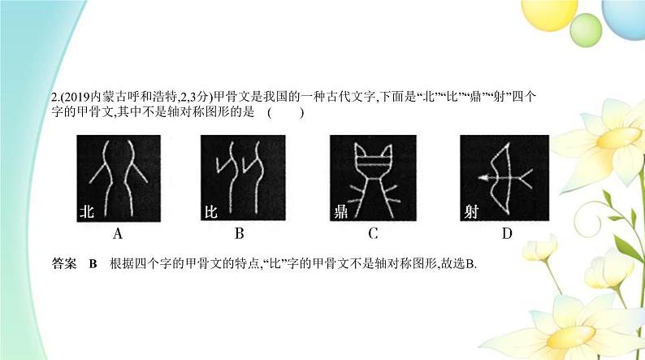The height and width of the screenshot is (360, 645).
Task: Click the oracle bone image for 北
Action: click(119, 179)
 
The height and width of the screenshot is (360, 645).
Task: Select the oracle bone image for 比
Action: click(240, 179)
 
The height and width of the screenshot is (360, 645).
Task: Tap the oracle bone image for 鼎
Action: click(373, 179)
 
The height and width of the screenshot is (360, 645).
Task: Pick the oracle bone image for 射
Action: click(504, 179)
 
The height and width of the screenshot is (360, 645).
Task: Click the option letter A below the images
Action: click(118, 235)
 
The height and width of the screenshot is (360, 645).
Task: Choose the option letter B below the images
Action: click(239, 235)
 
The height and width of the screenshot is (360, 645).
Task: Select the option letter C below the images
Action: click(373, 235)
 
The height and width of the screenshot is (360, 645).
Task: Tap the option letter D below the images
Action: click(507, 235)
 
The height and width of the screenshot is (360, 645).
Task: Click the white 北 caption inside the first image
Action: click(87, 213)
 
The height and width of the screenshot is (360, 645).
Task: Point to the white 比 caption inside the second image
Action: click(210, 213)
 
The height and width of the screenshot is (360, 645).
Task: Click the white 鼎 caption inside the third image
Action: click(341, 213)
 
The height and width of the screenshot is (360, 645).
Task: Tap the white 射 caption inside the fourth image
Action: click(471, 213)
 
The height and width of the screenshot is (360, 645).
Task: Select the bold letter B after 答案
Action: click(92, 263)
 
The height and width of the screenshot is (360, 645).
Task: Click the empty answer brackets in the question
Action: click(285, 112)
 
